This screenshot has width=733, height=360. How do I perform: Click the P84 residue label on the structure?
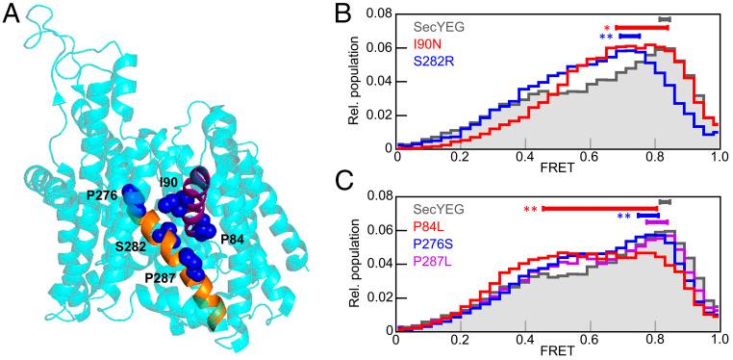233,238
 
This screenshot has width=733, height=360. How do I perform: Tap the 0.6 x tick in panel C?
590,342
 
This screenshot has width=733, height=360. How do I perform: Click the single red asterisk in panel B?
607,28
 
